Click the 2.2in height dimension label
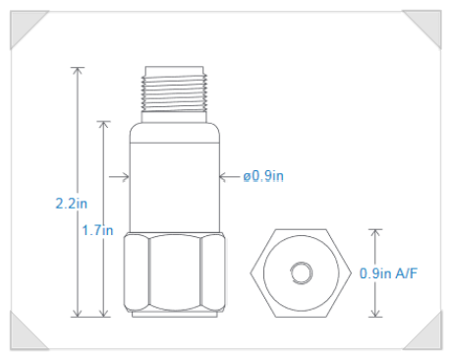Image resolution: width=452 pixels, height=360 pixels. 72,204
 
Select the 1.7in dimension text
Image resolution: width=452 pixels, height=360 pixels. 97,230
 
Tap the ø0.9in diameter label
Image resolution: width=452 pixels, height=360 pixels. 263,176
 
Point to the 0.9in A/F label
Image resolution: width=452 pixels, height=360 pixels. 388,273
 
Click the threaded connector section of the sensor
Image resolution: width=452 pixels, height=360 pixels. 174,93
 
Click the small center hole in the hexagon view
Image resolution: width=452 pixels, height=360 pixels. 302,272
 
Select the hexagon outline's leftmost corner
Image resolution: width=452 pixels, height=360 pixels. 251,273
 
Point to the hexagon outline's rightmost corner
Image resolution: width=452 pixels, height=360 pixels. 351,273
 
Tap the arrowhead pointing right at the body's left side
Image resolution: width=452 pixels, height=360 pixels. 126,177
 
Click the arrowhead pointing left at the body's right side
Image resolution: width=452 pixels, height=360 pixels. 223,177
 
